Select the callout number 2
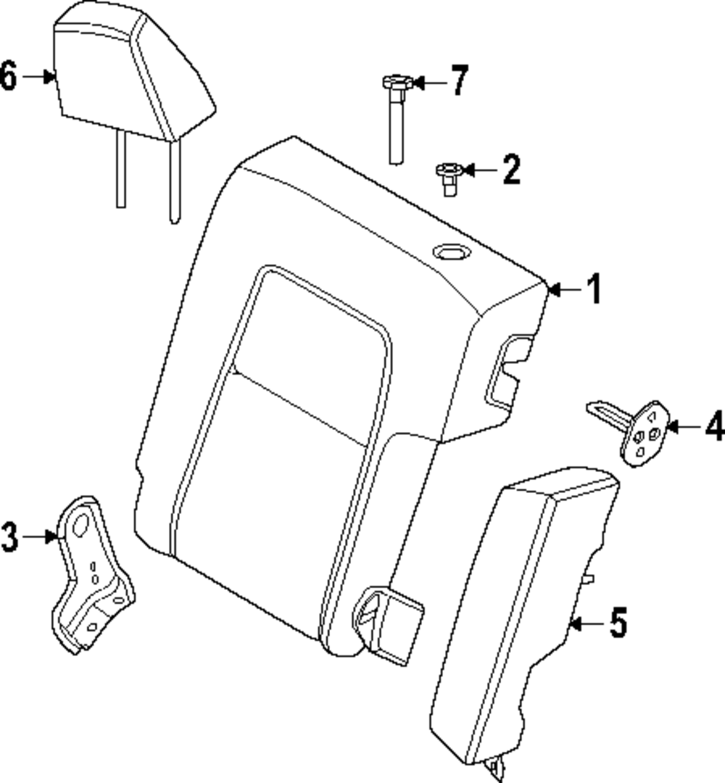point(511,170)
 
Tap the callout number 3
point(9,536)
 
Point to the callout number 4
point(715,426)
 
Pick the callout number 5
point(618,623)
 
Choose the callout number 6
point(9,76)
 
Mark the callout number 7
point(460,81)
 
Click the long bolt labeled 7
point(397,119)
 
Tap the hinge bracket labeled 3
point(92,575)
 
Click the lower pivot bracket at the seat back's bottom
point(389,623)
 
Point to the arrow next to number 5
point(588,623)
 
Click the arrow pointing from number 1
point(565,289)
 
